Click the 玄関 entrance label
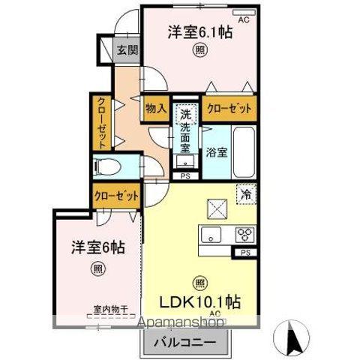click(x=127, y=50)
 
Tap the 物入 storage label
click(x=155, y=109)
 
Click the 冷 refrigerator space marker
click(x=245, y=193)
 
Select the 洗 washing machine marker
click(x=184, y=116)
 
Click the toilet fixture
click(x=105, y=166)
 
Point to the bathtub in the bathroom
click(x=244, y=151)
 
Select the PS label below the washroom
click(x=184, y=177)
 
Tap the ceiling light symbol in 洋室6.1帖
click(x=199, y=51)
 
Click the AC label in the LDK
click(x=214, y=313)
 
